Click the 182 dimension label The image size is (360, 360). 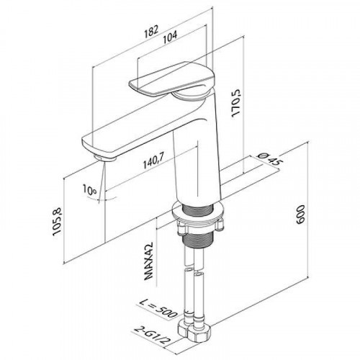point(152,31)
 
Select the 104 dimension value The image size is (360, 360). point(170,36)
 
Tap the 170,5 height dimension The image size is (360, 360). point(236,102)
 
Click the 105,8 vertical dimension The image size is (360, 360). point(58,221)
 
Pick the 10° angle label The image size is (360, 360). point(89,190)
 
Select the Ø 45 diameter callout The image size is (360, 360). point(269,160)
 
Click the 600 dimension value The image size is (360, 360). point(300,215)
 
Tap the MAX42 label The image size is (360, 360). point(149,261)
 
